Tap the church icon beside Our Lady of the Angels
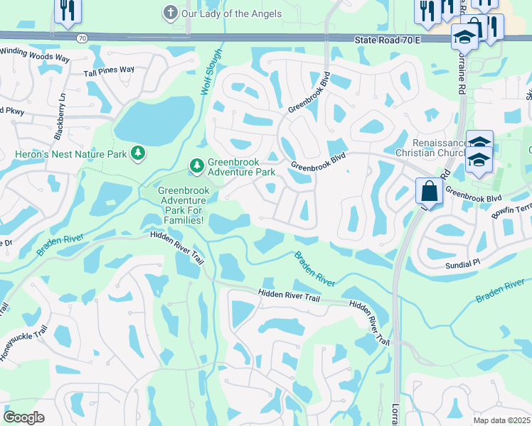click(169, 13)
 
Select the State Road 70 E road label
click(388, 41)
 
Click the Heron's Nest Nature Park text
click(70, 153)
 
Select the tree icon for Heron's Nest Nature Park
click(137, 153)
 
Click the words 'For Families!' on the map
click(181, 220)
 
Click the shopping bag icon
click(430, 192)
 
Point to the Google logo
click(23, 417)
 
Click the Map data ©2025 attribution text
click(501, 420)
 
